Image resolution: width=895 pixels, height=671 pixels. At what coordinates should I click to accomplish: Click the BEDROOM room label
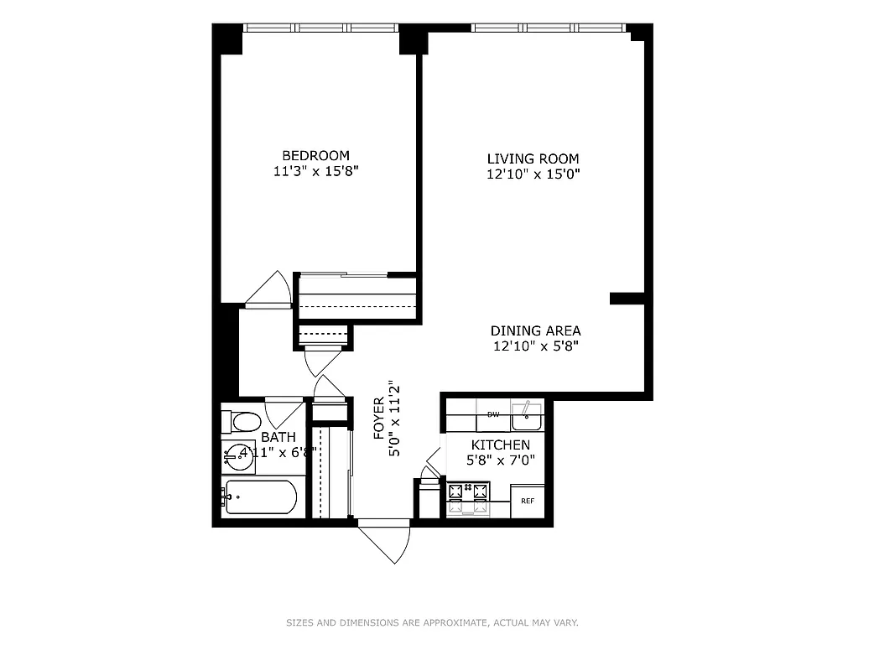click(x=315, y=155)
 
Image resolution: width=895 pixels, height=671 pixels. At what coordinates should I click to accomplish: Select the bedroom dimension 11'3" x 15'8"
click(x=315, y=171)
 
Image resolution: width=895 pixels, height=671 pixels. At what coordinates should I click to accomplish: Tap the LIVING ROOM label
click(x=533, y=159)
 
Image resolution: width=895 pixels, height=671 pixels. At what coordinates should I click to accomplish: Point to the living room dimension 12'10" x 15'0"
click(x=533, y=174)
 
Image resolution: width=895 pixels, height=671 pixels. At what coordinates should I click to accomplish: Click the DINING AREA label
click(x=535, y=330)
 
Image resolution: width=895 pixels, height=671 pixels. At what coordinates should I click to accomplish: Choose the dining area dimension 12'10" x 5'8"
click(x=535, y=346)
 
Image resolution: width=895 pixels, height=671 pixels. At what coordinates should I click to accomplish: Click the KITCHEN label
click(x=500, y=445)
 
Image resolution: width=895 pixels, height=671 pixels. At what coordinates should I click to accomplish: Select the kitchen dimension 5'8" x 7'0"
click(x=500, y=460)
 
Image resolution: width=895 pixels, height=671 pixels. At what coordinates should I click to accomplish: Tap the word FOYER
click(x=378, y=418)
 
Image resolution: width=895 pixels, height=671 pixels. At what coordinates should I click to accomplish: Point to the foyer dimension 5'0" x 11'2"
click(x=394, y=418)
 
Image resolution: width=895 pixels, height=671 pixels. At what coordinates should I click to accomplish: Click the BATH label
click(x=278, y=437)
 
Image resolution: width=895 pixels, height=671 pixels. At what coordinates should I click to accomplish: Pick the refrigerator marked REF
click(x=528, y=501)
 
